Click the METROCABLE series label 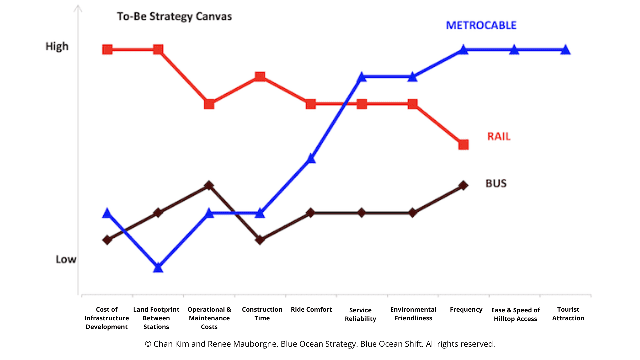pos(481,25)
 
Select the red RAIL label pos(499,136)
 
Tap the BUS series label pos(496,183)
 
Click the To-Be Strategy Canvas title pos(174,16)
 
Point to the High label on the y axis pos(57,46)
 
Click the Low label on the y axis pos(66,259)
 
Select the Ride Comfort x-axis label pos(311,309)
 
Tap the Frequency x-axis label pos(466,309)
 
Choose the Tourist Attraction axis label pos(568,314)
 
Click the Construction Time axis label pos(262,314)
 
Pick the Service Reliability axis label pos(360,314)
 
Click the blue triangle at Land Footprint pos(158,268)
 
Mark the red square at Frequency pos(463,145)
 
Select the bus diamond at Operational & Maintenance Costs pos(209,185)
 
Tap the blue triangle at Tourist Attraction pos(565,50)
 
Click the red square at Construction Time pos(260,77)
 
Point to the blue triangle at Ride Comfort pos(311,158)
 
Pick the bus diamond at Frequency pos(463,185)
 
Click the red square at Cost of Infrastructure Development pos(107,50)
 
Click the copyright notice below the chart pos(320,344)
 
